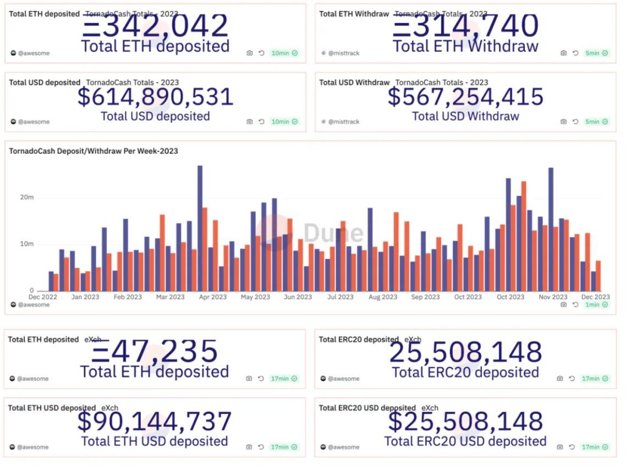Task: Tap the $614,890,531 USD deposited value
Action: (156, 97)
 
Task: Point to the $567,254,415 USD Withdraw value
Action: (466, 97)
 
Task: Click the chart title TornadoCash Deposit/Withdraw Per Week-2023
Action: (94, 151)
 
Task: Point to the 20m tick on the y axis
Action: (28, 198)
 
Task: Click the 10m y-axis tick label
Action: (28, 244)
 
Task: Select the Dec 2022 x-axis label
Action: (42, 297)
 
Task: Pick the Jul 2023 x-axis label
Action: (340, 297)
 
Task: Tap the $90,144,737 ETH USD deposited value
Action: (155, 422)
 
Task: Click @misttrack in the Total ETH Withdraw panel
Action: (344, 53)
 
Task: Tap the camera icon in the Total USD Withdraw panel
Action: (563, 121)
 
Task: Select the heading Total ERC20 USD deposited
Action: (367, 408)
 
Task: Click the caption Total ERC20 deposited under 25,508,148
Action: (465, 372)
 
